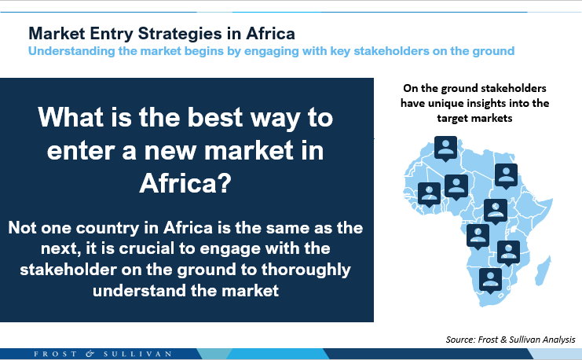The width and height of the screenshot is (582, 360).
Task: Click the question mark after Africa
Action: tap(224, 182)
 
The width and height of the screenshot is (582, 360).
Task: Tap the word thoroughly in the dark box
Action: tap(306, 270)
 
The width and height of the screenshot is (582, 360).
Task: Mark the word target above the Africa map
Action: tap(455, 118)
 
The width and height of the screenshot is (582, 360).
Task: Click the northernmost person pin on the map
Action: tap(445, 148)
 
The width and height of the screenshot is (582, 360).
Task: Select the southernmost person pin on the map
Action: tap(490, 280)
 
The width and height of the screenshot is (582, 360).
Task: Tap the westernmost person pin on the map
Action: tap(429, 194)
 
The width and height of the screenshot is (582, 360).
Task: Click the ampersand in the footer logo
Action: tap(90, 354)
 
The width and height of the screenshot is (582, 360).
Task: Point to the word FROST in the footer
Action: tap(56, 354)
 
